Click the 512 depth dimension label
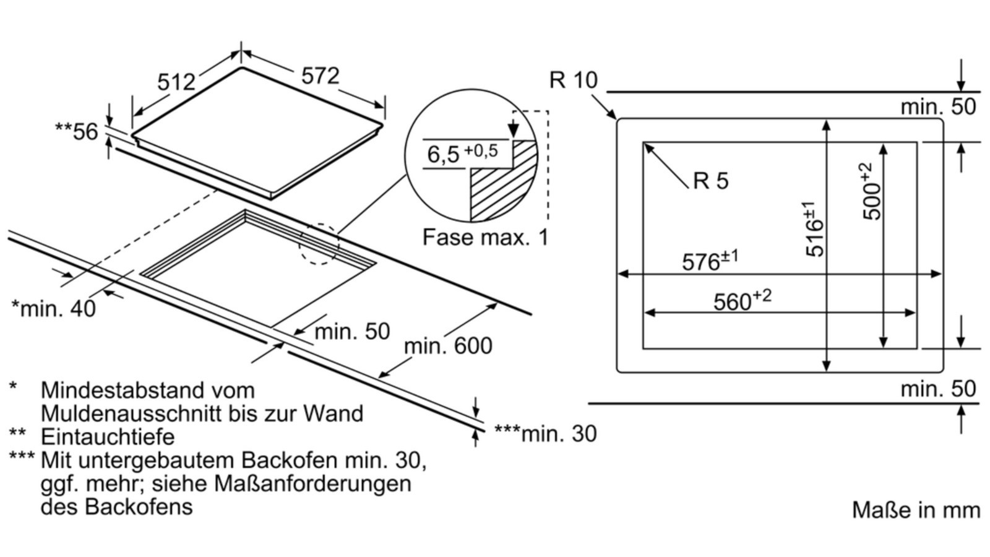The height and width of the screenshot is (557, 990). click(x=176, y=82)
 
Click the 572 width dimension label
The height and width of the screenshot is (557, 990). click(x=321, y=76)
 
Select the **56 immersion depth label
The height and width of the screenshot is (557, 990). click(x=77, y=131)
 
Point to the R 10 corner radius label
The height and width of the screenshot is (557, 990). click(x=573, y=80)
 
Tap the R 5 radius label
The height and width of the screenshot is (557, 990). click(x=711, y=181)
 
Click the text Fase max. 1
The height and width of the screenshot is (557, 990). click(x=485, y=237)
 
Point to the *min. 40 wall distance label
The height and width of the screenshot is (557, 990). click(x=54, y=308)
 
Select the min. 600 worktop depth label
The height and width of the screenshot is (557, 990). click(x=448, y=345)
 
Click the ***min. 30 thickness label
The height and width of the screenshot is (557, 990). click(x=545, y=434)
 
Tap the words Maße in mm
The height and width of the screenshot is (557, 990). click(x=916, y=510)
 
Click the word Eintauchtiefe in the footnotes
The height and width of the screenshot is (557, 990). click(x=108, y=437)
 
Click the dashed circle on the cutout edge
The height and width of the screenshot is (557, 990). click(x=319, y=244)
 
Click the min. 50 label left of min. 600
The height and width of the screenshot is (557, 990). click(x=352, y=332)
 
